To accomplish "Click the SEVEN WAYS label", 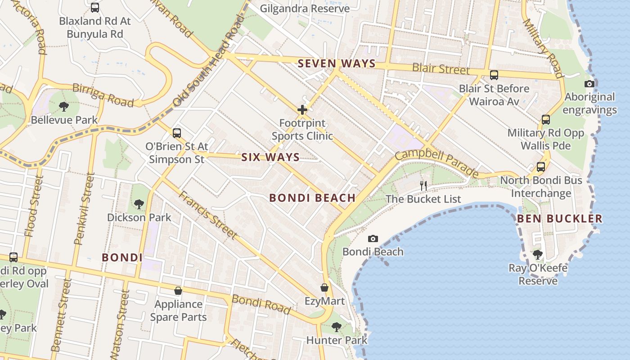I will click(x=337, y=63).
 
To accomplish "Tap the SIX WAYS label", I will click(x=270, y=157).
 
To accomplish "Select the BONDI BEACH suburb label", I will click(x=312, y=198).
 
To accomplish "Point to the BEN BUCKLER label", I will click(x=559, y=219).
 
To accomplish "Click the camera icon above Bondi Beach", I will click(x=373, y=238).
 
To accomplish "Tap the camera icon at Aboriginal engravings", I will click(x=589, y=84).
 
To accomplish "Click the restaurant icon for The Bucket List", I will click(x=423, y=185).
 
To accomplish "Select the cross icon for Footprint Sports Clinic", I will click(x=302, y=109).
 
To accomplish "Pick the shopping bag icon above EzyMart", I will click(x=324, y=287).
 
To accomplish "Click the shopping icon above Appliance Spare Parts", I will click(x=178, y=291).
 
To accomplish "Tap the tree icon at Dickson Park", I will click(x=139, y=204).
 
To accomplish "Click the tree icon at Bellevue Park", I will click(x=64, y=107).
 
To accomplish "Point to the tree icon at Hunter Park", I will click(x=336, y=327).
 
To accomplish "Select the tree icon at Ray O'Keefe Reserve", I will click(x=537, y=255).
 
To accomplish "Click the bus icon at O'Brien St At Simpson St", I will click(x=177, y=133).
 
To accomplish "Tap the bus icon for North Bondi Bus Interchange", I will click(x=540, y=167).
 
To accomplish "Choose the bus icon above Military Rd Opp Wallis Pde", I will click(x=546, y=119).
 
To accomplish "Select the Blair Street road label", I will click(x=441, y=68).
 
